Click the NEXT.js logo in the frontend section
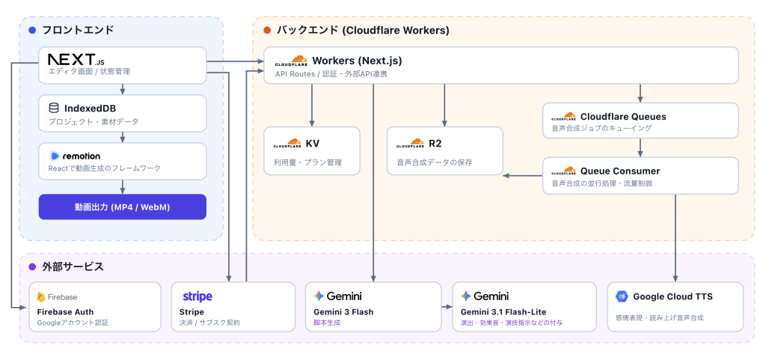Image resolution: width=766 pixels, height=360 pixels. point(76,60)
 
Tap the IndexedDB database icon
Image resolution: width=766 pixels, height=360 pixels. point(54,108)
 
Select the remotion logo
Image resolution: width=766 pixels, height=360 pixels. point(76,156)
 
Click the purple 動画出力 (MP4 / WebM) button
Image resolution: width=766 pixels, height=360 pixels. point(123,207)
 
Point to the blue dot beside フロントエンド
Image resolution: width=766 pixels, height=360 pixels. point(32,30)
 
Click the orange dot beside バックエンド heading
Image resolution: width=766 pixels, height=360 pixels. point(267,30)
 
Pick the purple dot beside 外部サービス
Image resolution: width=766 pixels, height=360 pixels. point(32,266)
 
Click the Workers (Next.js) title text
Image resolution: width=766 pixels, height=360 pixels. point(357,61)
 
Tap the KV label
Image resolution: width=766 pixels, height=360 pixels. point(313,144)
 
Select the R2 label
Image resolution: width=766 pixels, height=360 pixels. point(435,144)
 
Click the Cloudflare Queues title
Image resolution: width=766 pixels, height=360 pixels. point(623,117)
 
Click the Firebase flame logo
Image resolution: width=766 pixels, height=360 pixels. point(41,296)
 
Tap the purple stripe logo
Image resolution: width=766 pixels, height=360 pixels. point(197,296)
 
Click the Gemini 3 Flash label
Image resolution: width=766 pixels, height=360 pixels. point(346,311)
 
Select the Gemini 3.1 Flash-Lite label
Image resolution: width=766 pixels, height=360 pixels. point(503,311)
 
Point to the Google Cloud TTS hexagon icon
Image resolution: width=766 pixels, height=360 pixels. point(622,296)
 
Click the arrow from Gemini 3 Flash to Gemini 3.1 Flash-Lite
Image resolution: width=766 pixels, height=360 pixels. point(447,307)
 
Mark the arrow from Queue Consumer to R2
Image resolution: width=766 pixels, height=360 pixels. point(523,175)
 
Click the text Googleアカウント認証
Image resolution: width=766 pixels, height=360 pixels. point(73,323)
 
